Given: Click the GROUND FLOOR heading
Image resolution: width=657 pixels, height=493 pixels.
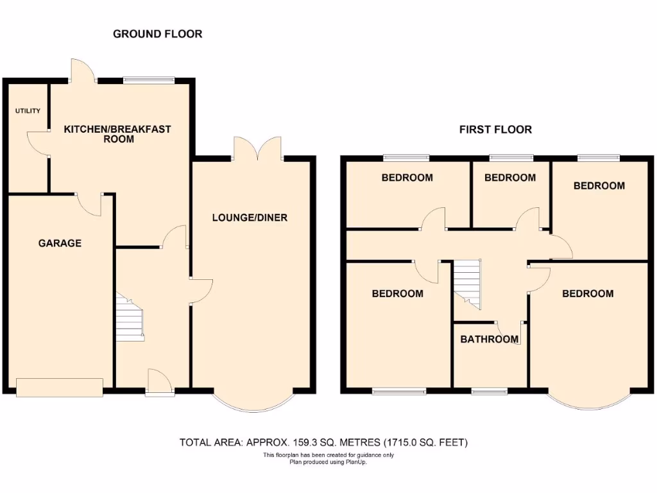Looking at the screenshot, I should (157, 33).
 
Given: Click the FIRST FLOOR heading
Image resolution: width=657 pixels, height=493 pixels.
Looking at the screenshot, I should (495, 130).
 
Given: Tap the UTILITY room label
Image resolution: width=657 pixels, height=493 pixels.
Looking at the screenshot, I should (28, 111).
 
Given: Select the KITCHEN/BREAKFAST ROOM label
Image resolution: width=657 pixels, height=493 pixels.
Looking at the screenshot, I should (117, 134).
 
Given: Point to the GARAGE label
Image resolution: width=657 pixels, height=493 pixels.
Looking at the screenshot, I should (60, 243).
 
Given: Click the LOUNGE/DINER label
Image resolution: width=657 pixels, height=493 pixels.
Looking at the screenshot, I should (250, 218).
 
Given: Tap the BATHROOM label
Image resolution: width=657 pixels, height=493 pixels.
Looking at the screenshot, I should (489, 340).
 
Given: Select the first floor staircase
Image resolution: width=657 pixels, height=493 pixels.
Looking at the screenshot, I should (467, 282).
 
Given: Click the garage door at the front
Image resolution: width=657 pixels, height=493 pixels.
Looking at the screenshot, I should (59, 387).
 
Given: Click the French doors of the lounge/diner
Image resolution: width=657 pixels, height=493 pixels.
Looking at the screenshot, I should (257, 149).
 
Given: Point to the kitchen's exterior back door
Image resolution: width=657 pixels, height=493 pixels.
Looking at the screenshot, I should (82, 71).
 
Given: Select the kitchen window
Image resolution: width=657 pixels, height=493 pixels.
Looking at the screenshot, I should (149, 80).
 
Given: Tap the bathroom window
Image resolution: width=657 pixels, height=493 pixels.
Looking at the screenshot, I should (489, 390).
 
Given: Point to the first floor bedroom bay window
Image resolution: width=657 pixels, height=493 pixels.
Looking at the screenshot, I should (589, 401).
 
